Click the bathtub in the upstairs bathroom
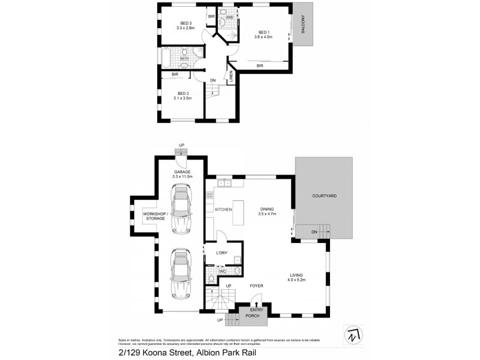166,58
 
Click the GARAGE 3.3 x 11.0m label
182,174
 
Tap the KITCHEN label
223,209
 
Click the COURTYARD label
323,196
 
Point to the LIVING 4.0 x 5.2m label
296,277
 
